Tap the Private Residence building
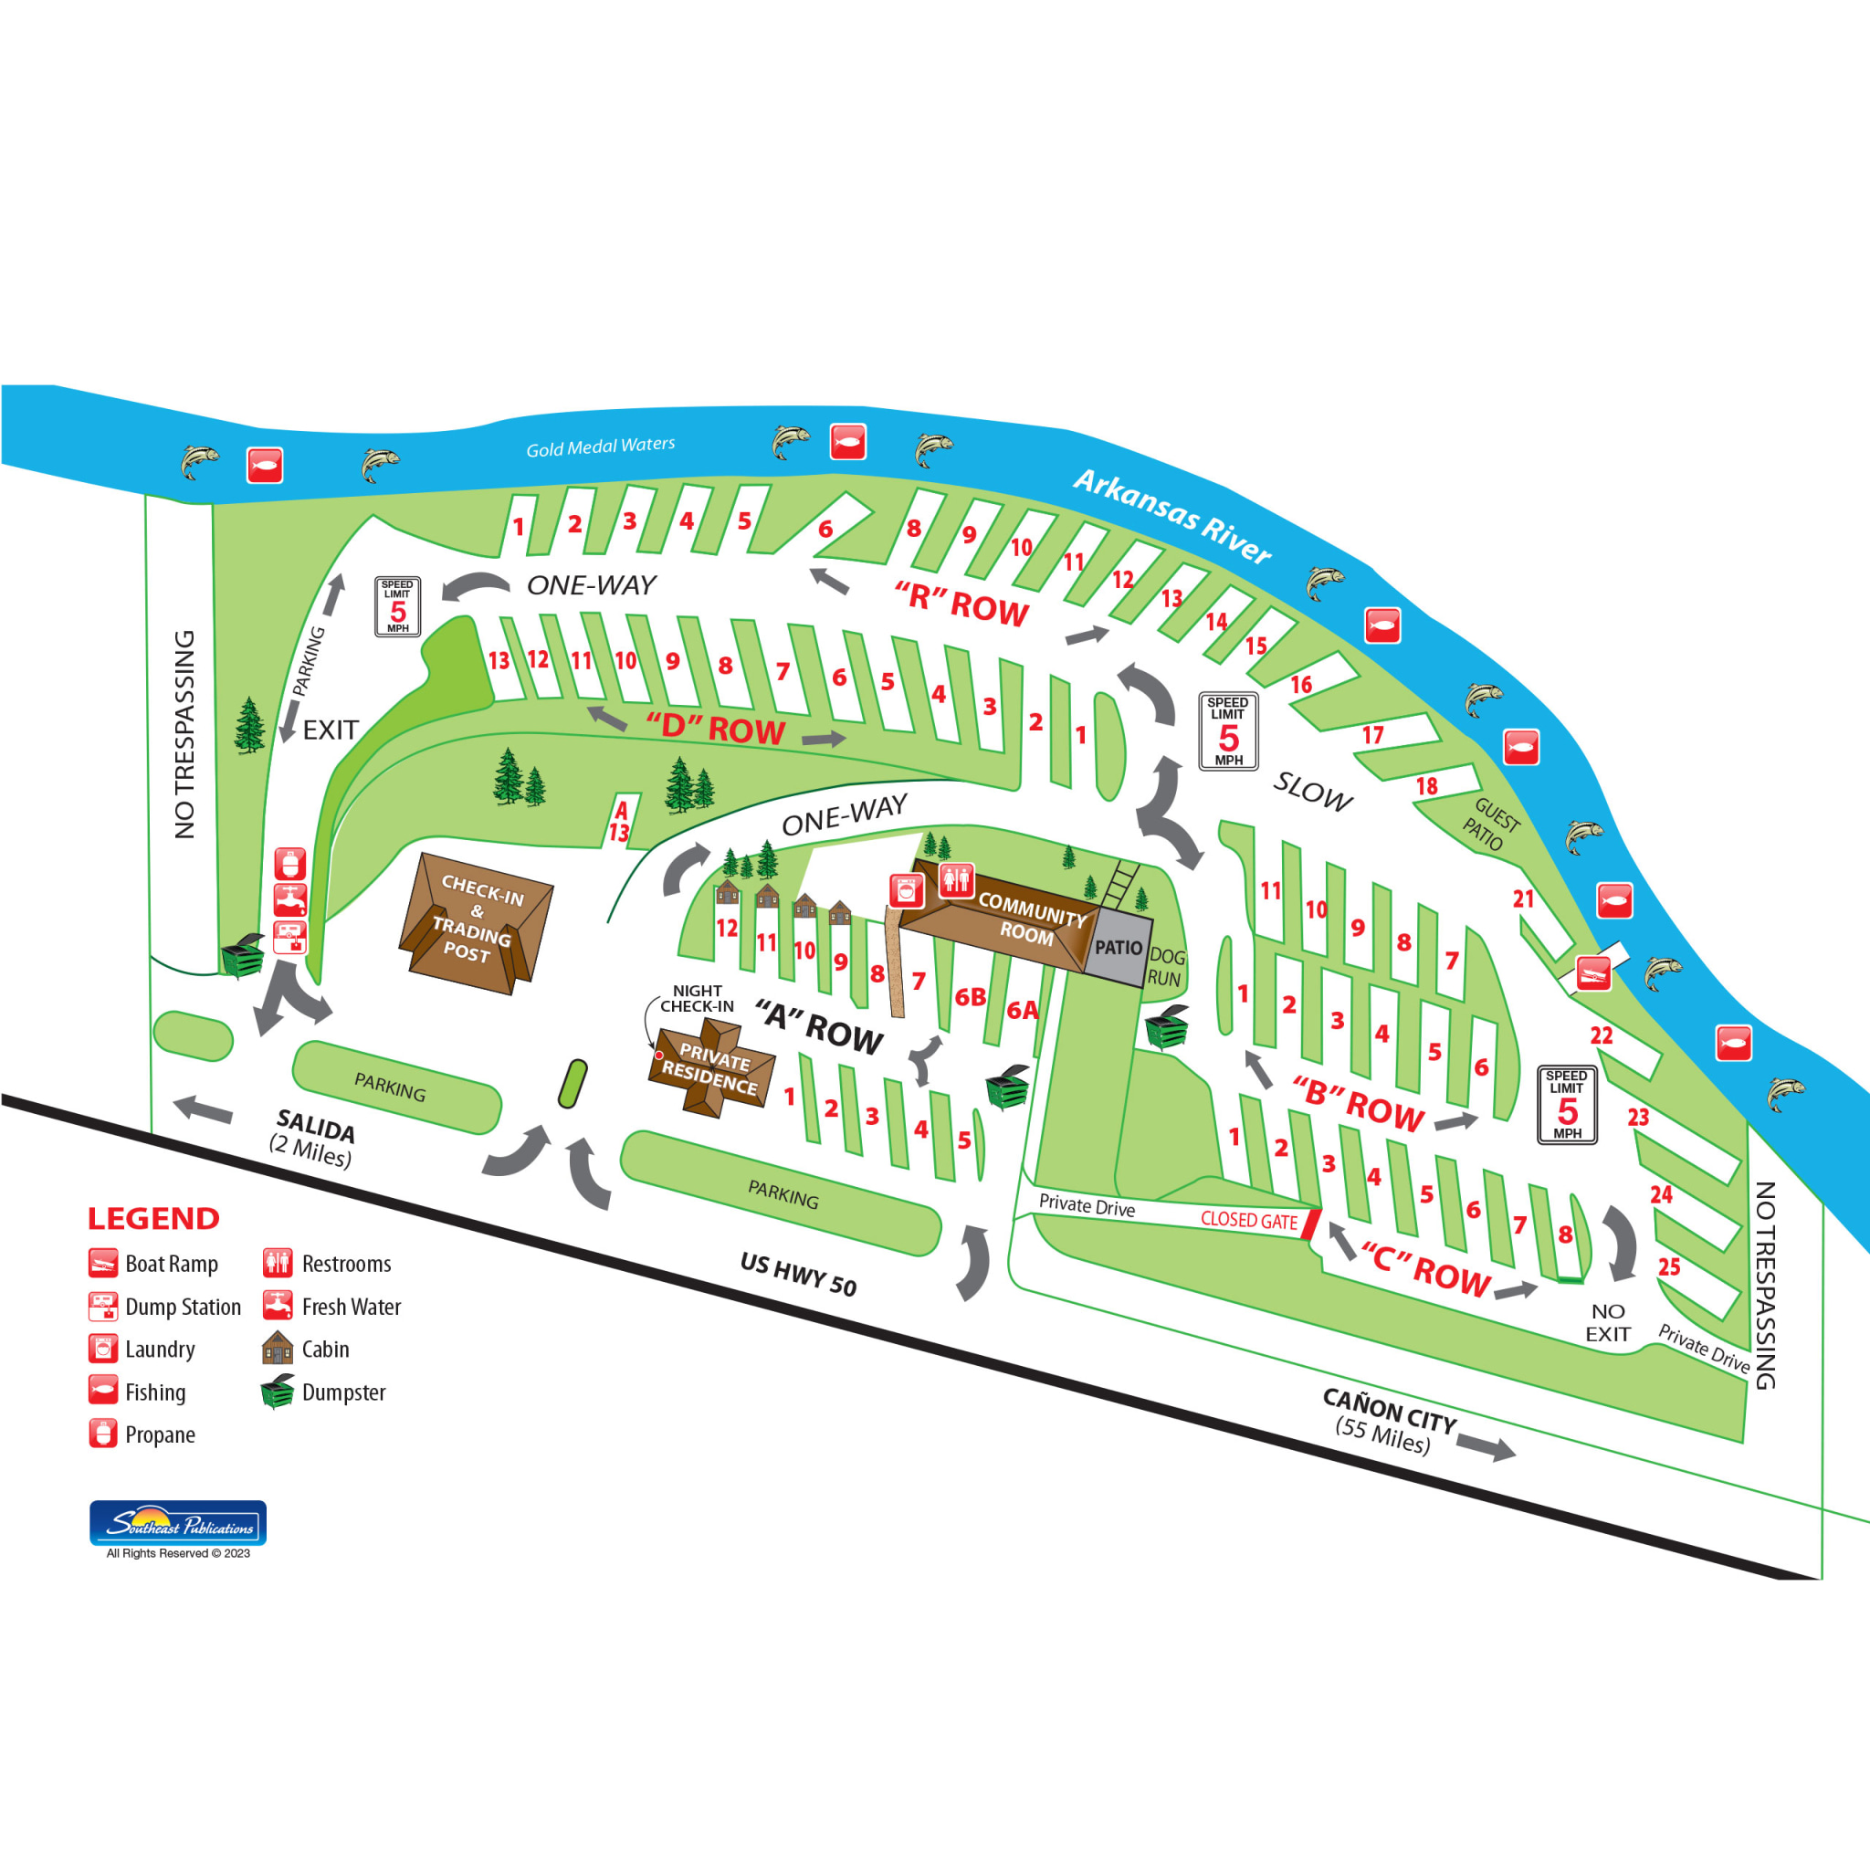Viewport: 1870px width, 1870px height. (711, 1069)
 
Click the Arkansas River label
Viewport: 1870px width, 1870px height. (1172, 516)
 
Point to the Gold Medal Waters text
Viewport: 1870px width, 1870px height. (600, 446)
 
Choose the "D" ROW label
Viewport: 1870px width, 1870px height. (715, 727)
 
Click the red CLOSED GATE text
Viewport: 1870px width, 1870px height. (1248, 1220)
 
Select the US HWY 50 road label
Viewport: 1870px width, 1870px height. (799, 1273)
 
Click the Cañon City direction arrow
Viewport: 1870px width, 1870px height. (1485, 1449)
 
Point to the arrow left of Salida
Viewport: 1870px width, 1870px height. (203, 1109)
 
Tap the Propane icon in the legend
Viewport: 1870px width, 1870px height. (102, 1434)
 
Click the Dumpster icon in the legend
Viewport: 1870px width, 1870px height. (278, 1391)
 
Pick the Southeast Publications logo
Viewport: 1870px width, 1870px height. (178, 1522)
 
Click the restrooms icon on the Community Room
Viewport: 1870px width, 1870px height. (956, 880)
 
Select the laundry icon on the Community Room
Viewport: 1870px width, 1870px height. (907, 890)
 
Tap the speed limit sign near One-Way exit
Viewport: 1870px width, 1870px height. (398, 607)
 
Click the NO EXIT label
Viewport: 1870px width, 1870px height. (1608, 1322)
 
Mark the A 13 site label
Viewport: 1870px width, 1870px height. (619, 822)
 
